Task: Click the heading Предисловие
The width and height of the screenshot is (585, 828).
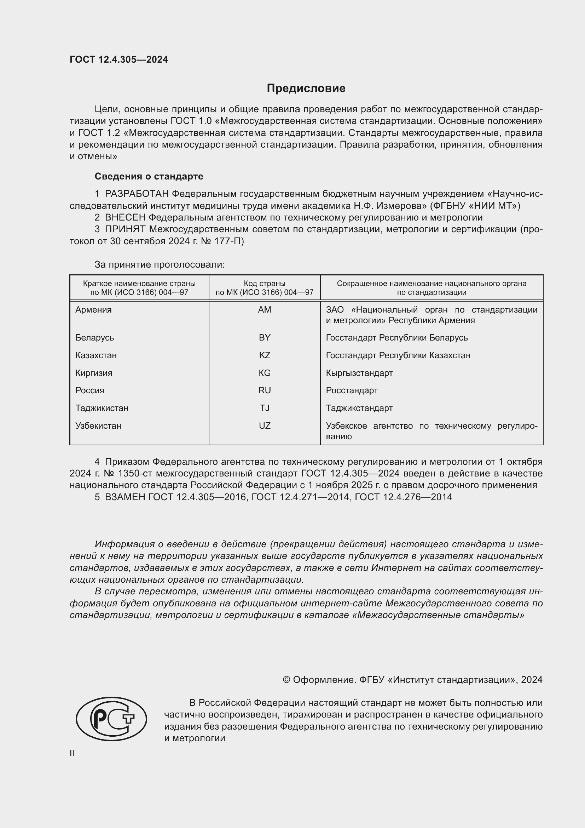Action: [x=306, y=88]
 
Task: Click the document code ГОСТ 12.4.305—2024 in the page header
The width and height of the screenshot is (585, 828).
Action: [x=118, y=59]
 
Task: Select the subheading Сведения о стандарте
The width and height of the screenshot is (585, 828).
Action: [x=149, y=176]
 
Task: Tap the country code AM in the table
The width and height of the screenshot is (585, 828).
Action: [x=265, y=310]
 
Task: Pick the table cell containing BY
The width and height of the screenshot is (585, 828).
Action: [x=265, y=338]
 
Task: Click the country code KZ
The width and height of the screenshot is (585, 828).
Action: [x=265, y=355]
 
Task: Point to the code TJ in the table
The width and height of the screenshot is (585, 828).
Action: [x=265, y=408]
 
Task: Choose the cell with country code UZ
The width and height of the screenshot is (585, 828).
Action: [x=265, y=426]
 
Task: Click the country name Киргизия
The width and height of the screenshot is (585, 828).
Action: [x=94, y=373]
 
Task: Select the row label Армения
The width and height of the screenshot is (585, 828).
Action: [x=93, y=310]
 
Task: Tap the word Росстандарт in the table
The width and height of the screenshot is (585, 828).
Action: [x=352, y=390]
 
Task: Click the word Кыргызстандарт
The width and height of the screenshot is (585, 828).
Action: [x=359, y=373]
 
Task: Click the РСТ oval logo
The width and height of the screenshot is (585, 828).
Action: [x=111, y=719]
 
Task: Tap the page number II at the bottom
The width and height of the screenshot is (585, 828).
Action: [x=72, y=753]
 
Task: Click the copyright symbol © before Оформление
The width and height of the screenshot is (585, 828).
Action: [x=286, y=680]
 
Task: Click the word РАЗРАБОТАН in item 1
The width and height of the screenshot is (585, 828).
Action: [x=137, y=194]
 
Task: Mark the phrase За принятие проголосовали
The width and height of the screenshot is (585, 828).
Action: [x=160, y=265]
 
